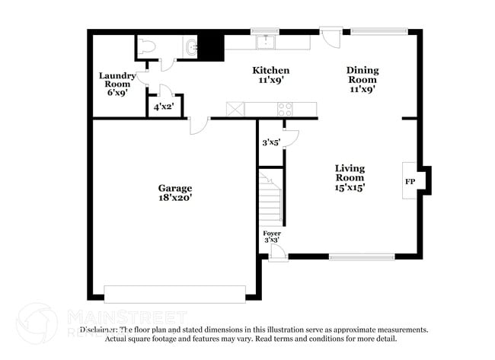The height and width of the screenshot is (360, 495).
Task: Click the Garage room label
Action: coord(174,188)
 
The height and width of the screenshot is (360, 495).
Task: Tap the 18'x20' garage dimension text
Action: coord(174,198)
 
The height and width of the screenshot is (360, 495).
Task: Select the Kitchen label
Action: coord(270,70)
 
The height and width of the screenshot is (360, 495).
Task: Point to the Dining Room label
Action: coord(362,75)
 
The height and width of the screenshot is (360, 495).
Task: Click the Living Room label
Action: coord(350,173)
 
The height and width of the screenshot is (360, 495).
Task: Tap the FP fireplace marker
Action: coord(409,182)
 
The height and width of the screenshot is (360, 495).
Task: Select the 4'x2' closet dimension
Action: coord(164,107)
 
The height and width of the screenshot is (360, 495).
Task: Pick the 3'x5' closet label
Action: coord(271,142)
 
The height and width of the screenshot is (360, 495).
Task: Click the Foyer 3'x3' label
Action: coord(271,237)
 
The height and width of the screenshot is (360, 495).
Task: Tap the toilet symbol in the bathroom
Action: coord(149,47)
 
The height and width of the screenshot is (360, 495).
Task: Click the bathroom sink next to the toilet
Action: coord(190,48)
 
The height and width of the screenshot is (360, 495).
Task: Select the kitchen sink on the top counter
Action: coord(266,41)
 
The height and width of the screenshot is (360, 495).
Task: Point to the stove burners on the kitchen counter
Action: coord(285,109)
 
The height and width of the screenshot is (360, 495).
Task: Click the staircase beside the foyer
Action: coord(270,198)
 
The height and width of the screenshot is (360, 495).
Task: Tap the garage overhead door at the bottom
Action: coord(174,293)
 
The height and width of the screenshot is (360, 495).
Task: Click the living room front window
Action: coord(361,257)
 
